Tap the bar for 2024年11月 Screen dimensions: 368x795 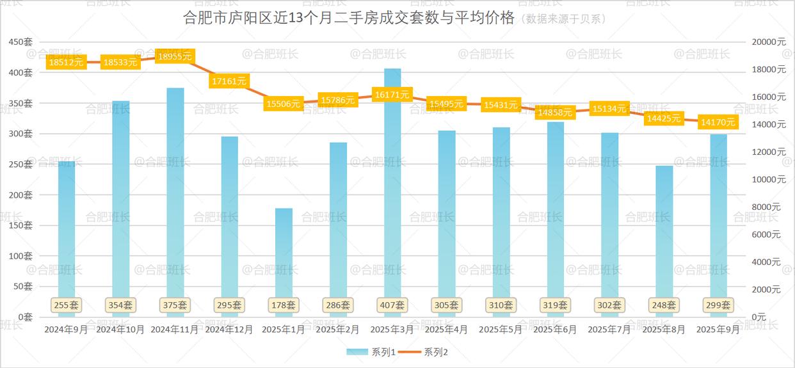(175, 192)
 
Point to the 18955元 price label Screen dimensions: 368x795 (175, 56)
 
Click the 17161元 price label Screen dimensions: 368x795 (229, 81)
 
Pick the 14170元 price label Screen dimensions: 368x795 (718, 122)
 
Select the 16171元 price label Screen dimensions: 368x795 (392, 95)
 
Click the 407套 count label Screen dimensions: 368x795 (392, 305)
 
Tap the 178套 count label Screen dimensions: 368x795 (284, 305)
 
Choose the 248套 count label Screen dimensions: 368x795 (664, 305)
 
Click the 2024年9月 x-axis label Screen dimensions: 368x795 (67, 330)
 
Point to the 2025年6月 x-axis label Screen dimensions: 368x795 (555, 330)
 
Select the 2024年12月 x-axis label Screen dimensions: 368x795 (229, 330)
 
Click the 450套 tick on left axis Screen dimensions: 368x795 (20, 42)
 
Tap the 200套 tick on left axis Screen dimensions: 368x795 (20, 195)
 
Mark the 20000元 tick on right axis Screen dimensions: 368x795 (769, 42)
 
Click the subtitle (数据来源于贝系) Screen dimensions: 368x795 (563, 19)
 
